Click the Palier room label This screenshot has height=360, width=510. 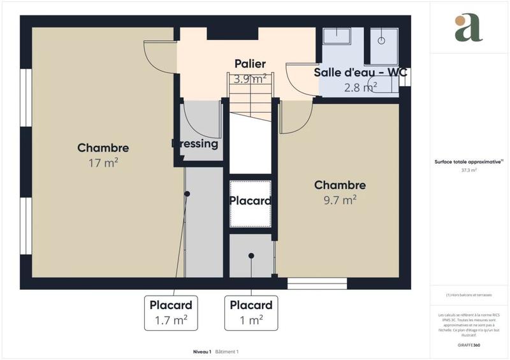click(x=250, y=63)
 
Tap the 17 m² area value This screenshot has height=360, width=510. click(x=103, y=163)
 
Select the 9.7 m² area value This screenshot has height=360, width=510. click(x=340, y=200)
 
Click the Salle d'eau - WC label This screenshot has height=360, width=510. click(x=360, y=72)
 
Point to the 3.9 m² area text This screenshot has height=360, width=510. click(x=250, y=80)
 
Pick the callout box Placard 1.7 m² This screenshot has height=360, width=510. click(x=171, y=312)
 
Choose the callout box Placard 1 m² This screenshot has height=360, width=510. click(x=251, y=312)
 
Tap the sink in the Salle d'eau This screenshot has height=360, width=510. click(x=337, y=36)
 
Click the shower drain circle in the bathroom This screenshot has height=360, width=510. click(x=381, y=40)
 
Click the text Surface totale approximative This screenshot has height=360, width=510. click(x=469, y=162)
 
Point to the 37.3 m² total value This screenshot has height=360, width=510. click(x=469, y=170)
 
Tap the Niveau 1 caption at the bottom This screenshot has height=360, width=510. click(x=201, y=352)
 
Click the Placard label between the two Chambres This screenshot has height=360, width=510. click(x=251, y=200)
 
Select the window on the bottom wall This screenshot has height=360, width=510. click(x=317, y=283)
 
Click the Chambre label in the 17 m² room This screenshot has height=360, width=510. click(x=103, y=148)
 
